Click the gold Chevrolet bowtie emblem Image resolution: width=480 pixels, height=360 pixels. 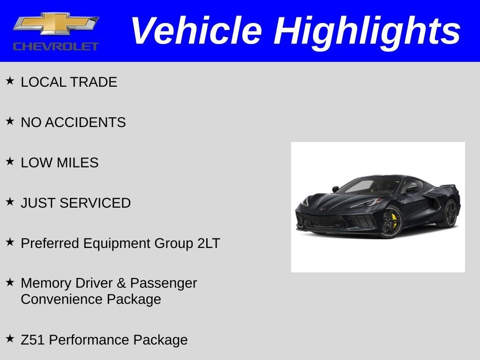click(x=56, y=23)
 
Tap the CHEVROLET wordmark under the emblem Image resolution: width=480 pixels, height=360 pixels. click(x=56, y=46)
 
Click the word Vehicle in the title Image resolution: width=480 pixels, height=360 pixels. click(x=196, y=31)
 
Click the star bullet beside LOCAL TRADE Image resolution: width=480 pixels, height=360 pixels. click(x=10, y=81)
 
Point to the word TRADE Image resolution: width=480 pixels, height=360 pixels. click(x=94, y=82)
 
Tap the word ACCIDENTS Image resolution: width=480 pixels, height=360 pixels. click(x=85, y=122)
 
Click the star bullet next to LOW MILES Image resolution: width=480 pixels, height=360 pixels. click(x=10, y=161)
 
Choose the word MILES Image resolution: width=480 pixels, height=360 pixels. click(x=77, y=163)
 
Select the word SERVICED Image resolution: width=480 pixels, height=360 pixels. click(x=95, y=203)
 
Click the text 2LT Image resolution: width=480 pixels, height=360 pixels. click(x=209, y=243)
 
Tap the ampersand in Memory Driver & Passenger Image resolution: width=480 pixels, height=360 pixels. click(x=121, y=283)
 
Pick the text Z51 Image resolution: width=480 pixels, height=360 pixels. click(x=32, y=340)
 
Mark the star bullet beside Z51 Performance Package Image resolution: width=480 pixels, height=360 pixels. click(x=10, y=338)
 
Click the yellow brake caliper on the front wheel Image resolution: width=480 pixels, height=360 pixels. click(x=394, y=221)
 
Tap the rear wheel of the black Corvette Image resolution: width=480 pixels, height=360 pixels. click(x=450, y=213)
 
